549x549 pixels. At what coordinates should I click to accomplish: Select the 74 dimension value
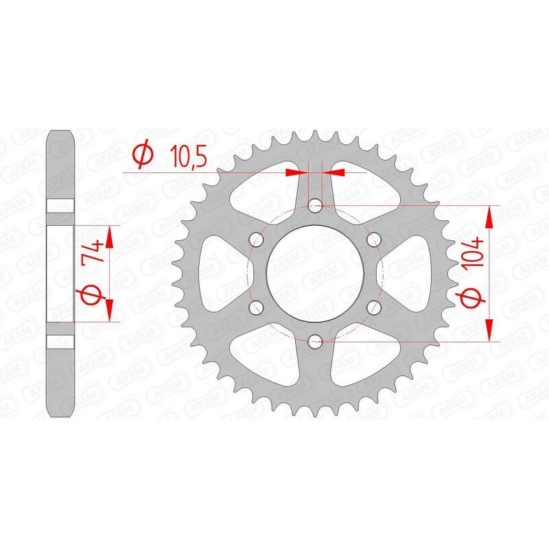[x=95, y=252]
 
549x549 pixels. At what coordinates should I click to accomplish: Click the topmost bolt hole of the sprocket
[x=315, y=205]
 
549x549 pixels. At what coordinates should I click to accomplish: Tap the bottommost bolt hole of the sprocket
[x=315, y=340]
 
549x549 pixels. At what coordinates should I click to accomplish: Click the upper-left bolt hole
[x=257, y=239]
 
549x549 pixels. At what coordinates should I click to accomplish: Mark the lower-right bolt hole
[x=373, y=306]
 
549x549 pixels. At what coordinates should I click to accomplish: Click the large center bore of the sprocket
[x=315, y=272]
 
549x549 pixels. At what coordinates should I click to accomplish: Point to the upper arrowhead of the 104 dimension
[x=489, y=216]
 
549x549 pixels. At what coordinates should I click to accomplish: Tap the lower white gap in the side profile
[x=60, y=340]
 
